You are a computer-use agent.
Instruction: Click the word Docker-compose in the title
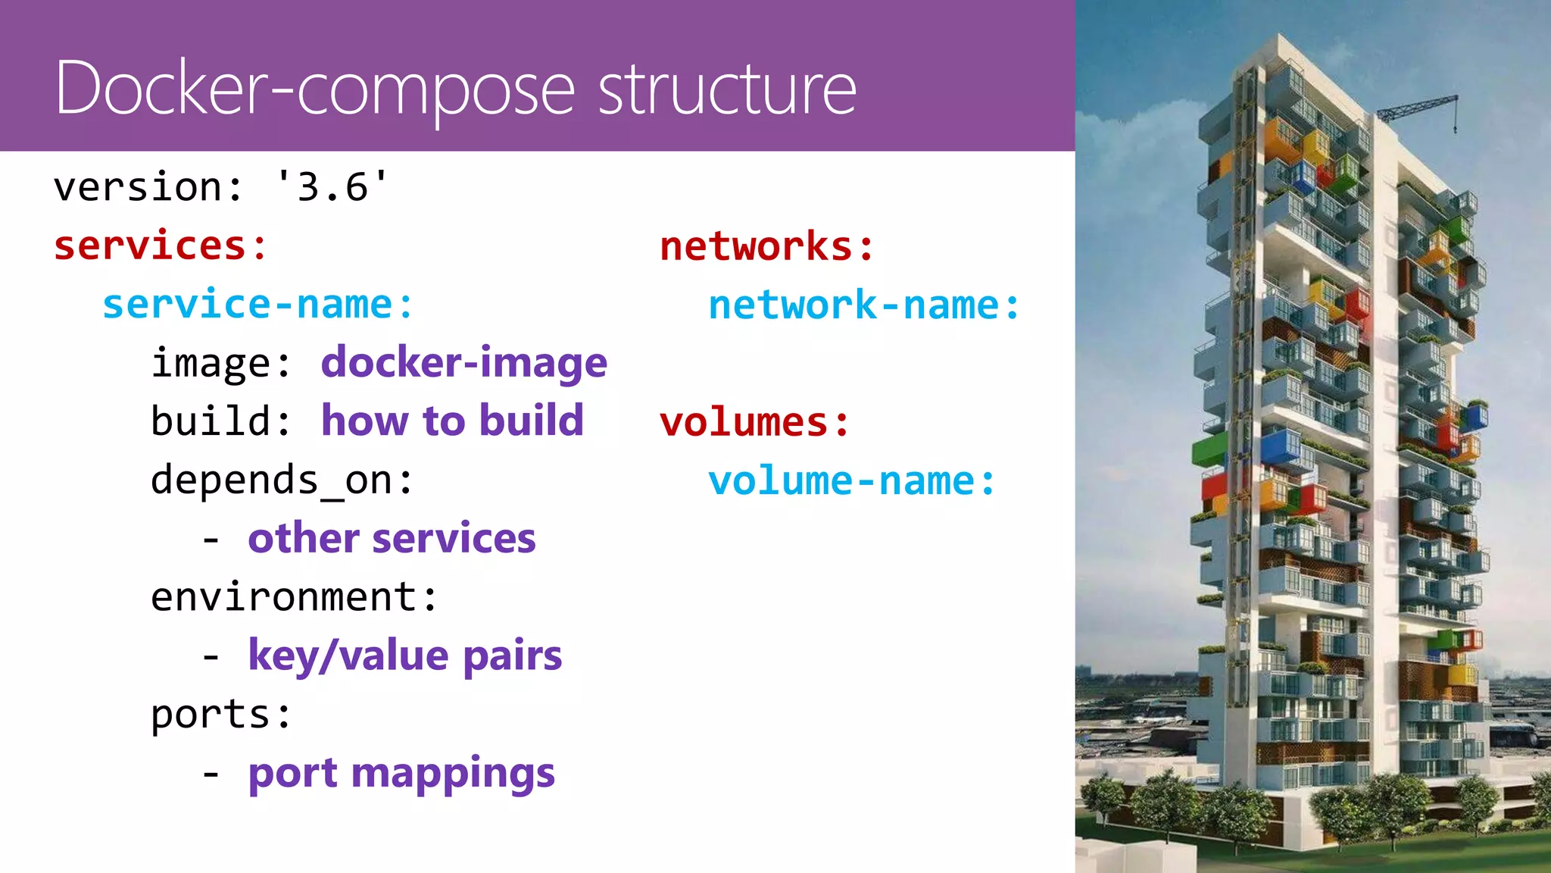(314, 89)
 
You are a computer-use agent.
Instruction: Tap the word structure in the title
(727, 89)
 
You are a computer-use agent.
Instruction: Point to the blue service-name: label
(257, 305)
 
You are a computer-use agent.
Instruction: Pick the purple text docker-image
(463, 362)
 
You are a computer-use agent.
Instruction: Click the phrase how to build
(452, 421)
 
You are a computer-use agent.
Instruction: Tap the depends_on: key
(282, 480)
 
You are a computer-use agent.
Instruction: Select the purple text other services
(392, 538)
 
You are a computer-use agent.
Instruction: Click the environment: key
(294, 597)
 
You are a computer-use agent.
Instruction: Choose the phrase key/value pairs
(404, 656)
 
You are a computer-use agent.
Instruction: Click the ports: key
(221, 714)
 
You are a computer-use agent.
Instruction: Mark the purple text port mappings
(401, 773)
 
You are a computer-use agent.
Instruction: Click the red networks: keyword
(766, 246)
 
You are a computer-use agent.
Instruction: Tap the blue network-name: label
(864, 305)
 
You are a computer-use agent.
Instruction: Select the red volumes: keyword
(754, 422)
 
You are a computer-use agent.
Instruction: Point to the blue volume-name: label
(851, 481)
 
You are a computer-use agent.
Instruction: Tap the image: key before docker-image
(220, 363)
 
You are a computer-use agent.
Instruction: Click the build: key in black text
(220, 421)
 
